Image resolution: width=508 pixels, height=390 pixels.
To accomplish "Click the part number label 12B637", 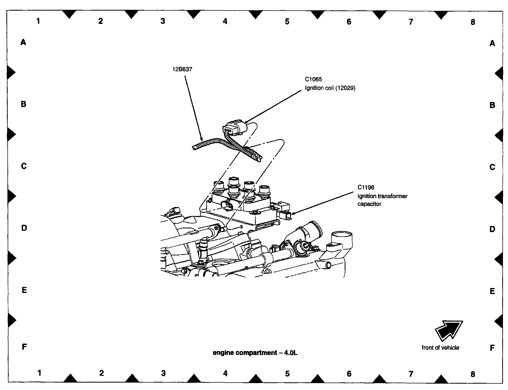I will coord(182,69).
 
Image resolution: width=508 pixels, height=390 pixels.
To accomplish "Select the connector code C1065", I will coord(313,79).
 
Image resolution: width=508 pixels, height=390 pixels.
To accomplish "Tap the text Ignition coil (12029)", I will coord(330,88).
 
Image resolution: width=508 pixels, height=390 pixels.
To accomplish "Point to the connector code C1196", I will coord(366,187).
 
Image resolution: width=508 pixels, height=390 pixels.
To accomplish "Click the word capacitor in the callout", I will coord(369,204).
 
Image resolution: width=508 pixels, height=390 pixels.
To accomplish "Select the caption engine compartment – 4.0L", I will coord(255,353).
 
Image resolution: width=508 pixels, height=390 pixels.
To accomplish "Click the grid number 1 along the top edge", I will coord(38,21).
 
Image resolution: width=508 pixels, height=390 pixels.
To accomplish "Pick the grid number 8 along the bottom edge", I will coord(473,374).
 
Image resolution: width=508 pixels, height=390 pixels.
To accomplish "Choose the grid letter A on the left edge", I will coord(23,42).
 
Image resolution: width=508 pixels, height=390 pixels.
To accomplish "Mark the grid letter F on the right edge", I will coord(492,348).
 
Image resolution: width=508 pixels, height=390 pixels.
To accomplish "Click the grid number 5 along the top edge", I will coord(287,21).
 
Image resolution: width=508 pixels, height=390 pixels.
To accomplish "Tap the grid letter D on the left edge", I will coord(24,228).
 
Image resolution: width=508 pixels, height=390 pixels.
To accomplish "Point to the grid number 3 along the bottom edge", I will coord(163,373).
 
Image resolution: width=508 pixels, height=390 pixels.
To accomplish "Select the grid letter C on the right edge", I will coord(492,167).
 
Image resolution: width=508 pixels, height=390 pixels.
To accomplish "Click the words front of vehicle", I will coord(440,348).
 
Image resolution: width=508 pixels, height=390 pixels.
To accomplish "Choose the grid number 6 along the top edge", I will coord(349,22).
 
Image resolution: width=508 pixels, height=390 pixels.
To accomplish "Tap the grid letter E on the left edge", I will coord(24,290).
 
